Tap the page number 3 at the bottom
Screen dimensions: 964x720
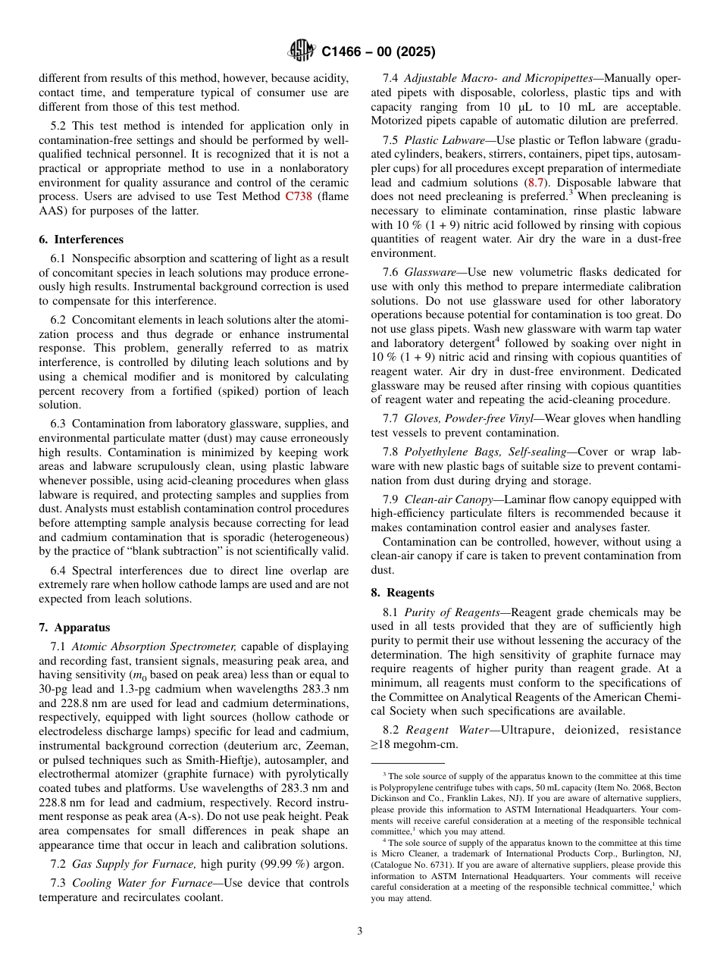(x=360, y=931)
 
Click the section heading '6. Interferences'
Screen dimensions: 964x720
(x=81, y=239)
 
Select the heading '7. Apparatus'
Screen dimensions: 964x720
(x=74, y=628)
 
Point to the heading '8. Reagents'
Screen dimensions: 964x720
(x=402, y=593)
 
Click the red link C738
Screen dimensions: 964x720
(x=298, y=197)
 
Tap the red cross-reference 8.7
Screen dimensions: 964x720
(x=534, y=183)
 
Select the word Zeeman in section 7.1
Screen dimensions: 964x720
(x=324, y=732)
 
